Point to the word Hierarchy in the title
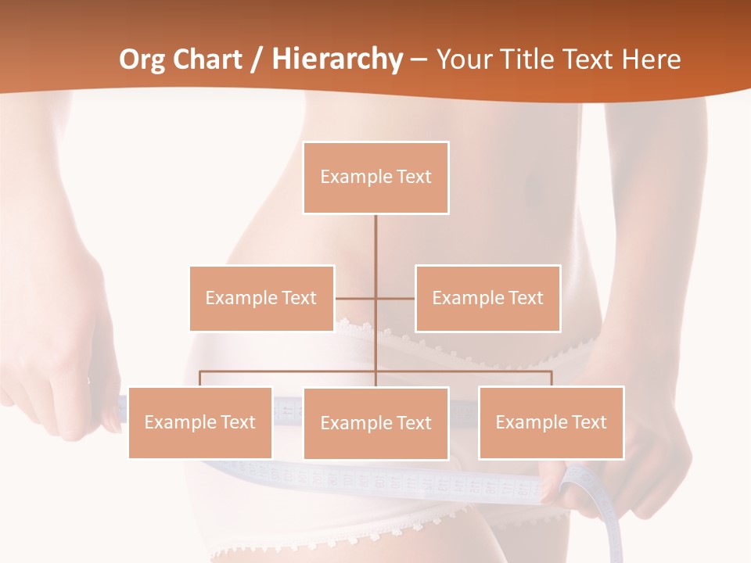[336, 59]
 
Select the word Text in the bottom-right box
[588, 422]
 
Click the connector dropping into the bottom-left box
[199, 378]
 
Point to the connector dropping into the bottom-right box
[551, 378]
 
